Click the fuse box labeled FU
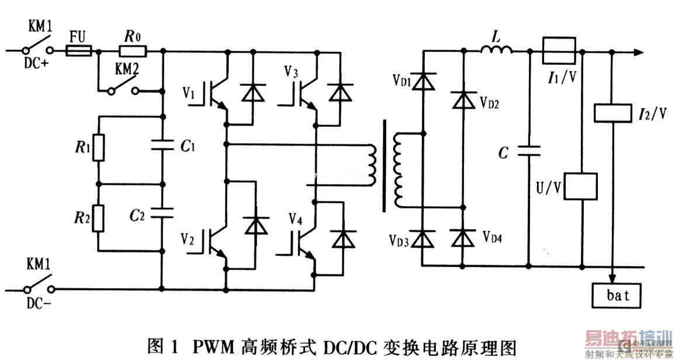pos(77,52)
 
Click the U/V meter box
pos(581,187)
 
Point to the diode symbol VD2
pos(463,101)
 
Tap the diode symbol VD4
pos(463,238)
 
